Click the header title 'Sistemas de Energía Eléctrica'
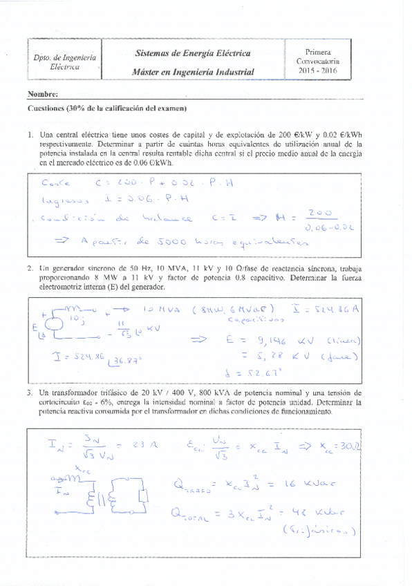click(193, 53)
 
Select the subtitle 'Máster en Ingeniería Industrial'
click(193, 72)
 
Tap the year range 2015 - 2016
click(317, 70)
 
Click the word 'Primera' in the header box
click(317, 52)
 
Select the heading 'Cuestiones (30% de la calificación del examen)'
click(107, 108)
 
